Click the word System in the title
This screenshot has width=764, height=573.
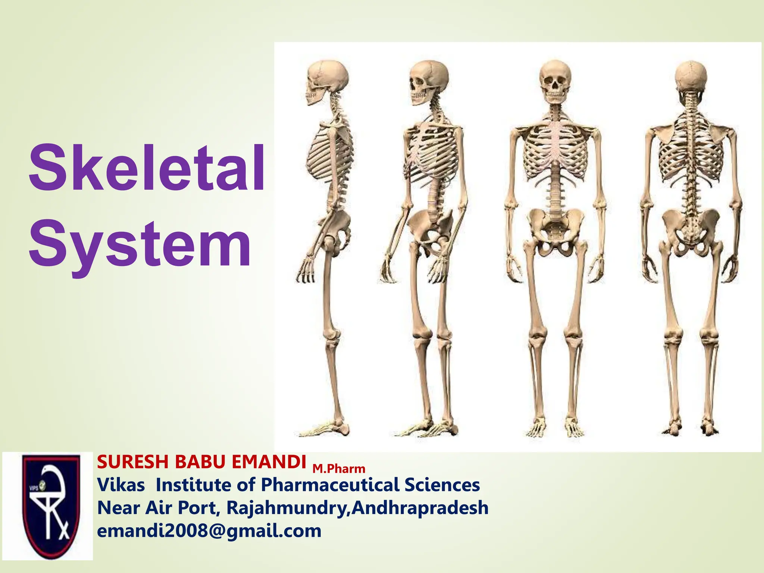pos(140,244)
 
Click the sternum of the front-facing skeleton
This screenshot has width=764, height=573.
pos(556,142)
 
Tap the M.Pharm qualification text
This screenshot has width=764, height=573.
pos(339,469)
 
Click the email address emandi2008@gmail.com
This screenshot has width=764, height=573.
pos(209,531)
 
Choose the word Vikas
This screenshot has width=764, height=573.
pos(121,485)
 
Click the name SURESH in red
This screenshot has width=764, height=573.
pos(133,462)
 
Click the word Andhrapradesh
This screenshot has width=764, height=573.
pos(420,508)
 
